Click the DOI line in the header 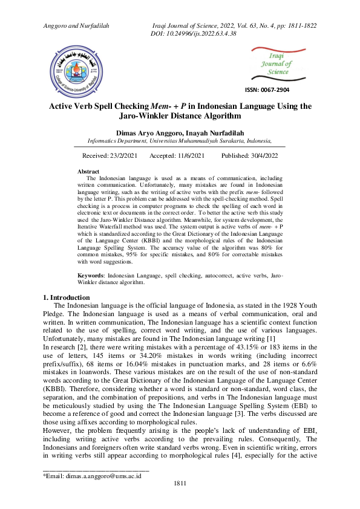[192, 33]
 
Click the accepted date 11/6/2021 [190, 155]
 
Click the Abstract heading [89, 172]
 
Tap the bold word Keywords [91, 275]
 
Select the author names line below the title [180, 132]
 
